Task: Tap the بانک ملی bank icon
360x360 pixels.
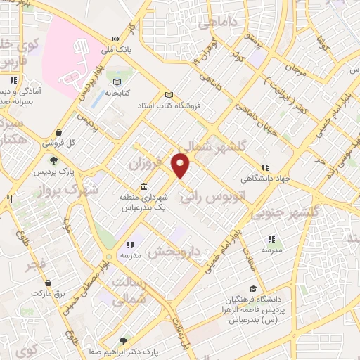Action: (x=116, y=39)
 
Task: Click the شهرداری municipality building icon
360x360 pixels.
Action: (x=143, y=186)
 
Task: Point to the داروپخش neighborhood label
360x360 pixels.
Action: (x=178, y=251)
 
